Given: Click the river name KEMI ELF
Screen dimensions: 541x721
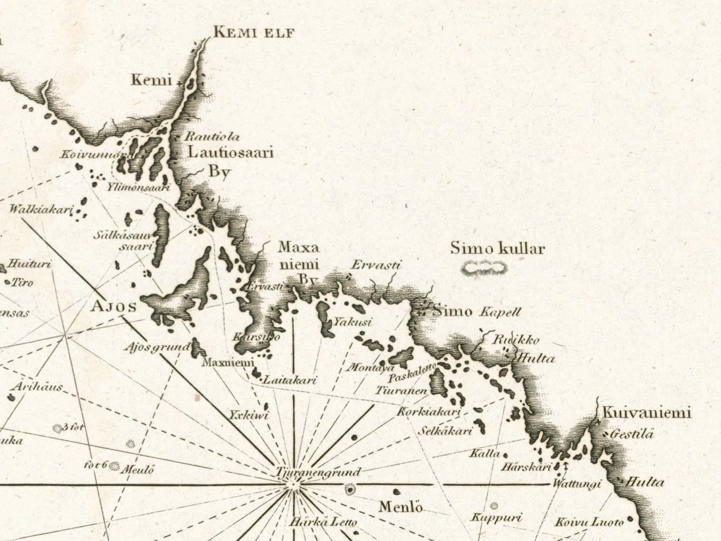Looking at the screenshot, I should (254, 32).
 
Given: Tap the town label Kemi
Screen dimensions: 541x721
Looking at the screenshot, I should (151, 79).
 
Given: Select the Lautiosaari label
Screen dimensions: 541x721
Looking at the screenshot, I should (231, 152).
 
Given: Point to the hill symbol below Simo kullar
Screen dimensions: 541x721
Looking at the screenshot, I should (484, 268).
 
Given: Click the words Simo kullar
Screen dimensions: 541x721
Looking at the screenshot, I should (497, 248).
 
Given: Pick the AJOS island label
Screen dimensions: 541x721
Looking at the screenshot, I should (114, 306).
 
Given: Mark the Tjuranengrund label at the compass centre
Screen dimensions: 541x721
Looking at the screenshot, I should (318, 473).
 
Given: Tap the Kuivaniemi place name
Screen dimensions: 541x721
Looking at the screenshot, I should (646, 413).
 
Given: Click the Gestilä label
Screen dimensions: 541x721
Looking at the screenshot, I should (632, 434).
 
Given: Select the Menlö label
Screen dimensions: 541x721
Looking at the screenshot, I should (400, 507).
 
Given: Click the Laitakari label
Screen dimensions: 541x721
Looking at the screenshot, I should (290, 380).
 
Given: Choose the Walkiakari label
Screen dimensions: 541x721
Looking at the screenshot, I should (40, 209).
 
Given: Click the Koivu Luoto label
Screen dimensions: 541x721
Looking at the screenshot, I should (589, 522).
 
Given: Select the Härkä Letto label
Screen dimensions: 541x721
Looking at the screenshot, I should (323, 522).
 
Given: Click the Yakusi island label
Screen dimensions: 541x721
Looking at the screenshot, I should (352, 322).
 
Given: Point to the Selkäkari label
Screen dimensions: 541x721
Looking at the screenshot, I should (445, 431).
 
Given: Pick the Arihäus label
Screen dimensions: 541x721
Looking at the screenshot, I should (37, 387).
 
